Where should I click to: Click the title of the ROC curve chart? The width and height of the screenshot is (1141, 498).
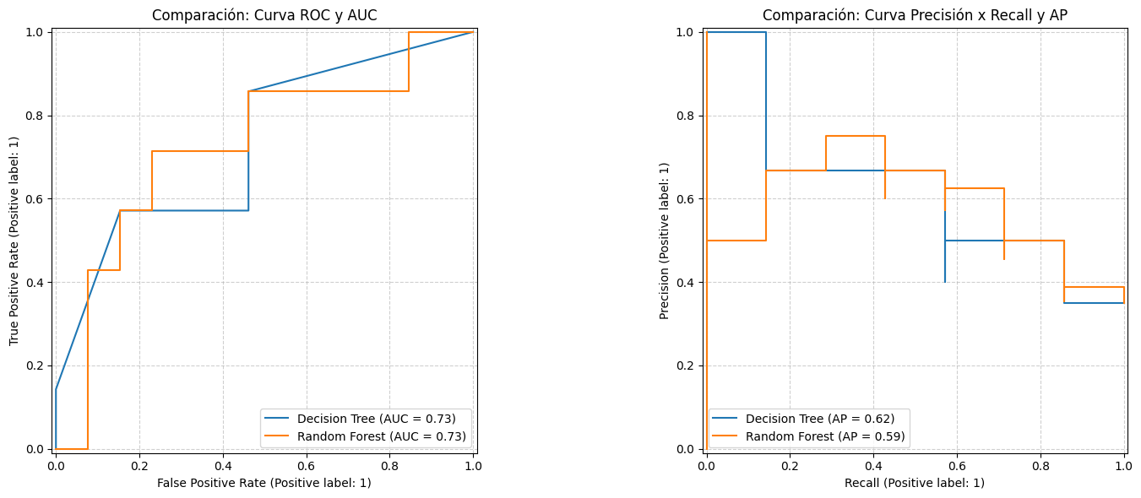pyautogui.click(x=264, y=15)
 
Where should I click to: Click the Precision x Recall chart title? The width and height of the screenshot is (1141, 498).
pyautogui.click(x=915, y=15)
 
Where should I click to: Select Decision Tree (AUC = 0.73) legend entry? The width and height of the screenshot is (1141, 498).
pyautogui.click(x=376, y=419)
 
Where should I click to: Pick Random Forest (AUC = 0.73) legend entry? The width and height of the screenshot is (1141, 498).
pyautogui.click(x=382, y=436)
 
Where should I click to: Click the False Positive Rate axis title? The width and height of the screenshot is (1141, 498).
pyautogui.click(x=264, y=483)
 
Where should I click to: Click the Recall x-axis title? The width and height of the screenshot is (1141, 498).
pyautogui.click(x=915, y=483)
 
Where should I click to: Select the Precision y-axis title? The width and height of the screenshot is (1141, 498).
pyautogui.click(x=665, y=241)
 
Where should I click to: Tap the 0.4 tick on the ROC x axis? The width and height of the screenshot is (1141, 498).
pyautogui.click(x=222, y=464)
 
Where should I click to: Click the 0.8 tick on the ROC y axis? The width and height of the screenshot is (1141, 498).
pyautogui.click(x=35, y=116)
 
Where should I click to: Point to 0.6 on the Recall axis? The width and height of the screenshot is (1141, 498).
pyautogui.click(x=957, y=464)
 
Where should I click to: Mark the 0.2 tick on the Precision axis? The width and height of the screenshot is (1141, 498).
pyautogui.click(x=685, y=365)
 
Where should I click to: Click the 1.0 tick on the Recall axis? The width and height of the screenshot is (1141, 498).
pyautogui.click(x=1123, y=464)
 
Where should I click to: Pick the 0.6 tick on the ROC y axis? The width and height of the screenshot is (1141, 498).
pyautogui.click(x=35, y=199)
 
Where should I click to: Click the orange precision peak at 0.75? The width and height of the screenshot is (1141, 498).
pyautogui.click(x=855, y=136)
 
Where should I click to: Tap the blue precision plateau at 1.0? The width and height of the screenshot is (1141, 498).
pyautogui.click(x=736, y=32)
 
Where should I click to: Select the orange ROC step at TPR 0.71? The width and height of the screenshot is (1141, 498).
pyautogui.click(x=200, y=151)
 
